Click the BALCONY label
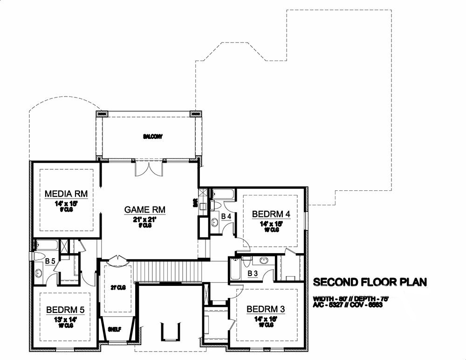coord(150,137)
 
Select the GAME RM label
coord(145,210)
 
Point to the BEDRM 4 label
coord(271,214)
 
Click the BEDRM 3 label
coord(266,309)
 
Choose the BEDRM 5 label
coord(65,310)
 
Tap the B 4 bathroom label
coord(226,216)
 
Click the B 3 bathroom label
coord(253,273)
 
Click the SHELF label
coord(115,329)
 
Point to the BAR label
coord(195,203)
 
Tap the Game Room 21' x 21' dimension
coord(145,219)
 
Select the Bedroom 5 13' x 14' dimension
coord(65,320)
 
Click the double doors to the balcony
coord(149,168)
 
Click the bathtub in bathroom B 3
coord(234,270)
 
